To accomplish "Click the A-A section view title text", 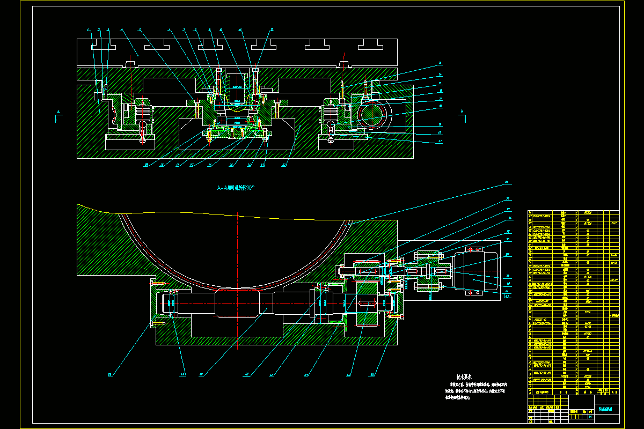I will [235, 188].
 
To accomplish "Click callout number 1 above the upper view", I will [89, 30].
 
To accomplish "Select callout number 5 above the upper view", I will [140, 30].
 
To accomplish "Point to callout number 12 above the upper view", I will [272, 30].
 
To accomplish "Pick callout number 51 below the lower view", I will [111, 374].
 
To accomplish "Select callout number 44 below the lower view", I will [348, 374].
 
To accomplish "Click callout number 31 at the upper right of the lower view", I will [506, 183].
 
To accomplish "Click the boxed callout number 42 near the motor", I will [507, 295].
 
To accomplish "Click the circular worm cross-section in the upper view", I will [375, 113].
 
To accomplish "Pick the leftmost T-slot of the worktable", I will [104, 45].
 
